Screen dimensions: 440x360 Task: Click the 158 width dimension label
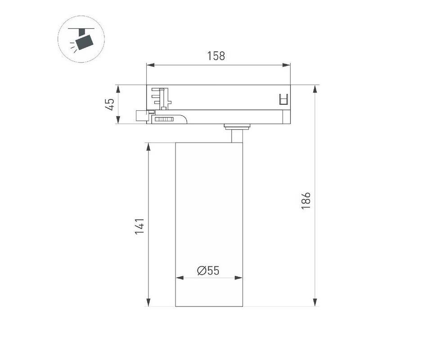pos(216,56)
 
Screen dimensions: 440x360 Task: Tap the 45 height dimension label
pos(110,104)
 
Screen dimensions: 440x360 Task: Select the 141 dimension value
pos(139,226)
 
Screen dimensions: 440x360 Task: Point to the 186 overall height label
pos(305,201)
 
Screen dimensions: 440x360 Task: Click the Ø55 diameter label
pos(208,270)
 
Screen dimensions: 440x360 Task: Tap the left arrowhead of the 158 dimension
pos(150,65)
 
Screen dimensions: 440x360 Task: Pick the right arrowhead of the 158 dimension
pos(286,65)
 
